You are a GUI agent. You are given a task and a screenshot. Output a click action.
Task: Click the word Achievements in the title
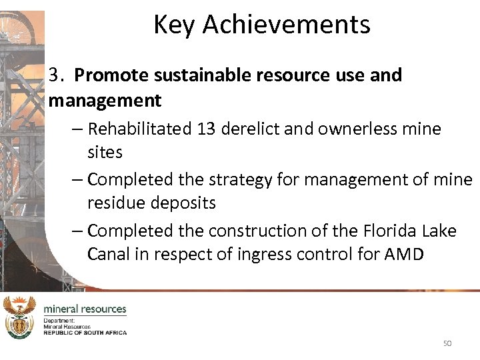286,25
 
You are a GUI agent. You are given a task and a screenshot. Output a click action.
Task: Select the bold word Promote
109,75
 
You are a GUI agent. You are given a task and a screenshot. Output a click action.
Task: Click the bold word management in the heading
105,101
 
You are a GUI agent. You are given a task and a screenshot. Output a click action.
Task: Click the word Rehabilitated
140,129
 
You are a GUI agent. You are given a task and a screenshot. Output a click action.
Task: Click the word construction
261,231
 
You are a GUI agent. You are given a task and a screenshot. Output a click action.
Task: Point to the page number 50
447,343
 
